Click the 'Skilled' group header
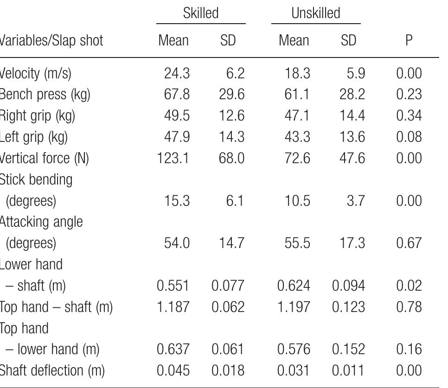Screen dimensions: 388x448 point(200,13)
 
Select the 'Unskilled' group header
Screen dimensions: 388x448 point(316,13)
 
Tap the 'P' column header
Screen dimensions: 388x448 point(409,41)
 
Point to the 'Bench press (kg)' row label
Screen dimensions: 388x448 point(45,95)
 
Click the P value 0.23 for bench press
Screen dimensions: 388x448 point(409,95)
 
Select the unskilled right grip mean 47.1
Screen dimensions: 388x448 point(296,116)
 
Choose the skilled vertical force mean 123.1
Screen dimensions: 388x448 point(173,159)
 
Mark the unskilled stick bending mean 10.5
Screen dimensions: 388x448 point(296,201)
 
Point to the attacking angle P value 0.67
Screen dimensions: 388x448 point(409,243)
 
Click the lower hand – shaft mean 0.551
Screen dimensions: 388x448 point(173,286)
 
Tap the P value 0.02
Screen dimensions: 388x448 point(409,286)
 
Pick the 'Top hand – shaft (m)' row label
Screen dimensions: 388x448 point(56,307)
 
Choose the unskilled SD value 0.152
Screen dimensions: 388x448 point(348,349)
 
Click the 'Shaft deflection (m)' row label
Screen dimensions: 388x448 point(52,370)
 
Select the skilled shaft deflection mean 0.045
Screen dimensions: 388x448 point(173,370)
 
